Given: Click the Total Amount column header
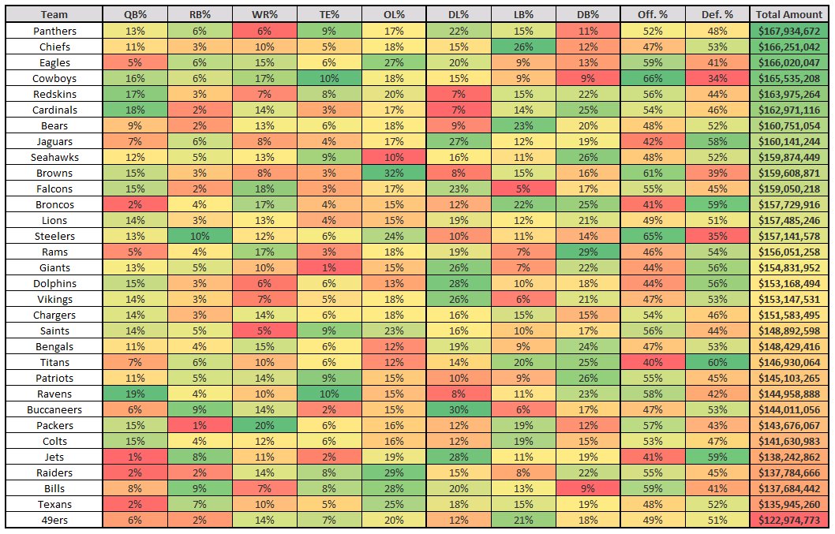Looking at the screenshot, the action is pos(788,15).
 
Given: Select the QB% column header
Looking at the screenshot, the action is pos(135,15).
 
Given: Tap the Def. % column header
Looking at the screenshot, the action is pos(717,15).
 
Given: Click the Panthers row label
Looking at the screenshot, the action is pos(54,31).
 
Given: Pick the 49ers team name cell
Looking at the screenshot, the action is pos(54,520).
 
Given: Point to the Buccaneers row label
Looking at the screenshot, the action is pos(54,409).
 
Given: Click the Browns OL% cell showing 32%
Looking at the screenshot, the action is pos(394,173).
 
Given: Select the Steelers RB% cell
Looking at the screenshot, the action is pos(200,236).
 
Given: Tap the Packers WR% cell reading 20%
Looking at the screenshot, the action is pos(264,425).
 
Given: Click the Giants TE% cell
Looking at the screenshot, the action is pos(329,268).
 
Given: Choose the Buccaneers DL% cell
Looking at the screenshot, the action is pos(459,409).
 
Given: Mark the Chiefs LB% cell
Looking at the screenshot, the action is pos(523,47).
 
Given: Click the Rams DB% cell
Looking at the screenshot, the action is pos(588,252).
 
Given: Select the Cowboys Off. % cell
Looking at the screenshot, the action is pos(653,78).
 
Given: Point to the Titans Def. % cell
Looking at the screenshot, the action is pos(717,363).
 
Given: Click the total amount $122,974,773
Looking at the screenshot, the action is pos(788,520).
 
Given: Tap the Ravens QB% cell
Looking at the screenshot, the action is pos(135,394).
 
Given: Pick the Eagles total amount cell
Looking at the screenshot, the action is pos(788,62).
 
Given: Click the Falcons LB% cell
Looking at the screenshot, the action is pos(523,189).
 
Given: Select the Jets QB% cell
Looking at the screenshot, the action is pos(135,457).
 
